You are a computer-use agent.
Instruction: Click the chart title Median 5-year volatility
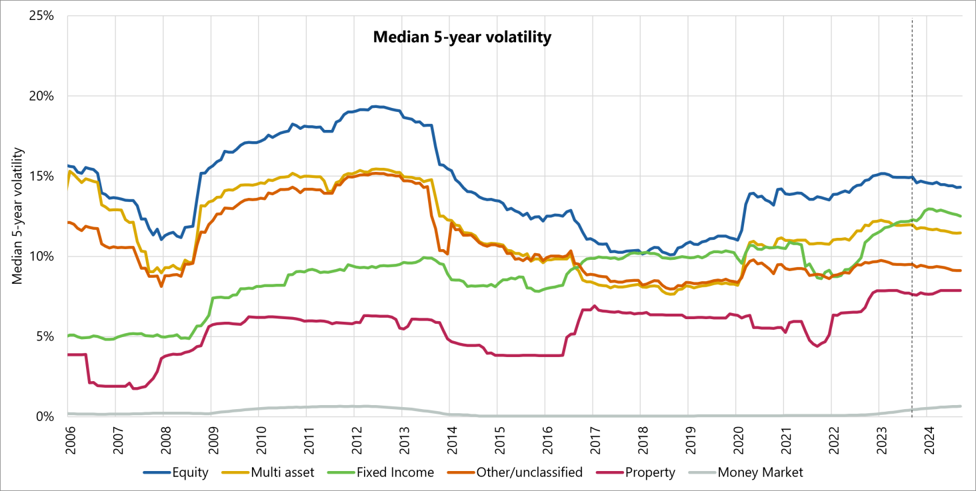tap(461, 37)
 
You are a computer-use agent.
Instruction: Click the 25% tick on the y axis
tap(41, 16)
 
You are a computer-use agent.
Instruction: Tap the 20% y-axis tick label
tap(41, 96)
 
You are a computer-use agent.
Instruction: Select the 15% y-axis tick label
tap(41, 177)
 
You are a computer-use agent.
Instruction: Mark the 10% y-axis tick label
tap(41, 256)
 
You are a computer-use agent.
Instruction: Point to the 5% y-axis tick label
tap(45, 336)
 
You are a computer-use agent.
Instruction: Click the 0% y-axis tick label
tap(45, 416)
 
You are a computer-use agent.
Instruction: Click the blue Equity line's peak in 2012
tap(375, 106)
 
